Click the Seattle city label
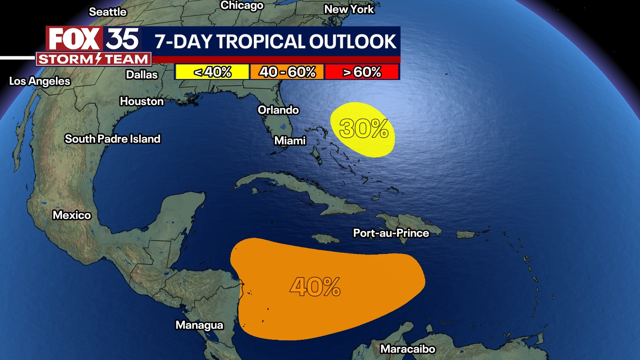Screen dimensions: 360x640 click(108, 12)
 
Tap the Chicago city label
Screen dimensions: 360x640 click(242, 5)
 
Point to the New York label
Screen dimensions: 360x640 click(349, 9)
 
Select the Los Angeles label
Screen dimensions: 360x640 click(40, 81)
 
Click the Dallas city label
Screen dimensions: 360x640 click(142, 75)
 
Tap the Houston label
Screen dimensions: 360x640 click(142, 101)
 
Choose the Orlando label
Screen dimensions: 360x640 click(278, 110)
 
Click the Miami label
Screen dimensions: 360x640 click(290, 141)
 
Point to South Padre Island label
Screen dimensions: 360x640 click(113, 139)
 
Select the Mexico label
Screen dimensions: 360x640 click(72, 215)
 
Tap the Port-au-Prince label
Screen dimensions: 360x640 click(391, 233)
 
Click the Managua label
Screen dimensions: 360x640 click(199, 325)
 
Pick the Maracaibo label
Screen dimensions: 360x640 click(408, 349)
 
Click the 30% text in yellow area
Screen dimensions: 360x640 click(364, 129)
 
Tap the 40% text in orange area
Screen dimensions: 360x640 click(315, 287)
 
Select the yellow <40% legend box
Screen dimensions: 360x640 click(212, 72)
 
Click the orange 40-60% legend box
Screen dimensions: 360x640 click(287, 72)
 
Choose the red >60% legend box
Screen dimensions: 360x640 click(362, 72)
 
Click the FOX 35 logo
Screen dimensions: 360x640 click(94, 39)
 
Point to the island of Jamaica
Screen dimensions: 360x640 click(325, 239)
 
